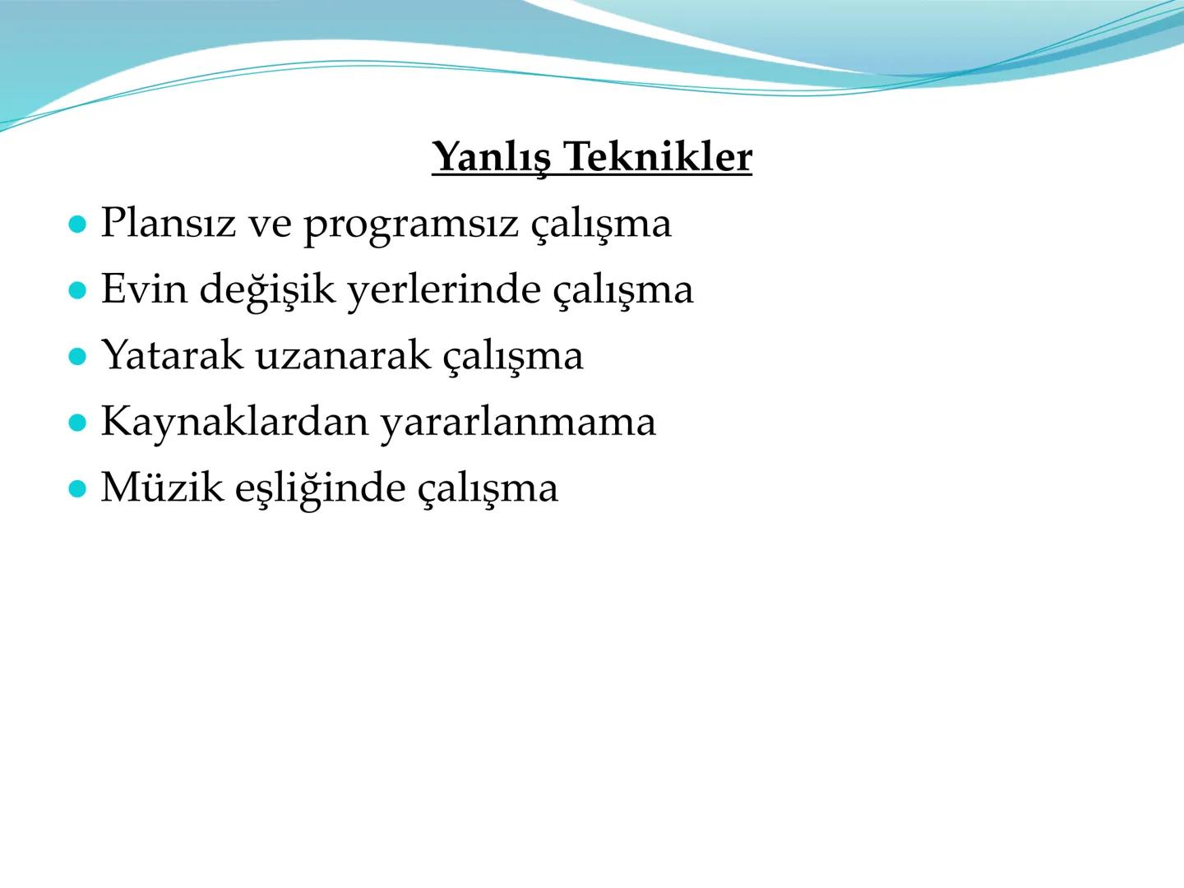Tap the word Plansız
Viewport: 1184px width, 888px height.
pos(167,223)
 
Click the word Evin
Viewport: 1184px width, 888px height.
pos(144,289)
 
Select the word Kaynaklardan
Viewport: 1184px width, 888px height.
pos(234,422)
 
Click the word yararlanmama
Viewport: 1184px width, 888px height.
pos(517,422)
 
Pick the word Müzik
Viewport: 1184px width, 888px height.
pos(162,488)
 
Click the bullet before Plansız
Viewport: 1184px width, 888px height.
pos(78,224)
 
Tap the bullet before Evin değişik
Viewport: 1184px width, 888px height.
pos(78,290)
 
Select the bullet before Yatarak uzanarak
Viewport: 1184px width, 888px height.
pos(78,357)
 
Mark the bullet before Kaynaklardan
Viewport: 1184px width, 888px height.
pos(78,423)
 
